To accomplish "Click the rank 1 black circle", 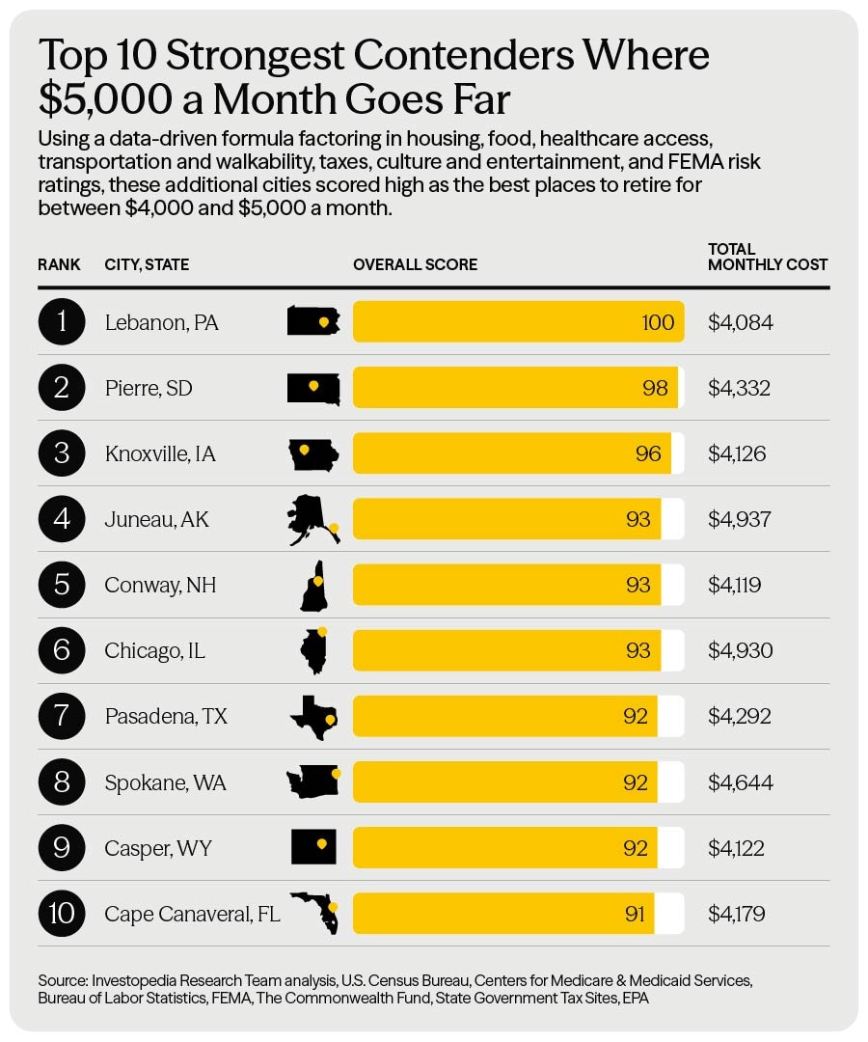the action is click(x=62, y=321).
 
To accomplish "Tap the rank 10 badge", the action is click(x=62, y=913).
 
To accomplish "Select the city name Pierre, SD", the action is click(x=149, y=388).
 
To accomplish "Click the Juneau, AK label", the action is click(x=157, y=519).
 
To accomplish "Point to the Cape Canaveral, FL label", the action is click(x=192, y=914).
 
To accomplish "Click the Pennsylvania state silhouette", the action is click(x=313, y=321).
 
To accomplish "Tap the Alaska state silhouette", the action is click(x=313, y=520).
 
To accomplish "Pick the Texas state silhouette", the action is click(x=313, y=717).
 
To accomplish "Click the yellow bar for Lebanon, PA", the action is click(x=518, y=321).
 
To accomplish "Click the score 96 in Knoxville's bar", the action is click(x=647, y=453).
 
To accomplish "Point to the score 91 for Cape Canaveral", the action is click(x=635, y=914).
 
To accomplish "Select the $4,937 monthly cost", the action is click(x=739, y=519).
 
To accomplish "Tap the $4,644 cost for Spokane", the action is click(x=741, y=782).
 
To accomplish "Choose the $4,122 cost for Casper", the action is click(x=736, y=848).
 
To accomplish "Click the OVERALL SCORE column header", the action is click(x=415, y=264).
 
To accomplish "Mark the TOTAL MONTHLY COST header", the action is click(x=768, y=257).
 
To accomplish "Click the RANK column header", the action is click(x=59, y=264).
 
